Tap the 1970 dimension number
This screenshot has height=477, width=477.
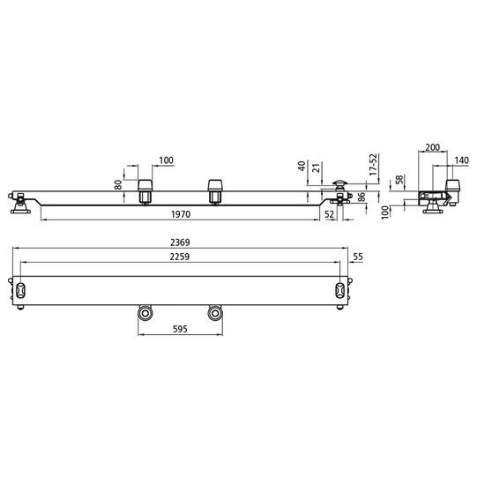[x=183, y=213]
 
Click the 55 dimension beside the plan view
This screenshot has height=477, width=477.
[x=357, y=257]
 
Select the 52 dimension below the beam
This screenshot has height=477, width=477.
[x=329, y=214]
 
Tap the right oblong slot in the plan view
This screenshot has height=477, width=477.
[x=339, y=290]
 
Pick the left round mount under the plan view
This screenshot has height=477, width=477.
[x=143, y=313]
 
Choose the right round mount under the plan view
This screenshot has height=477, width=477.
[x=213, y=313]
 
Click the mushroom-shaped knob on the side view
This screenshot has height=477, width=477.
[x=339, y=184]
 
